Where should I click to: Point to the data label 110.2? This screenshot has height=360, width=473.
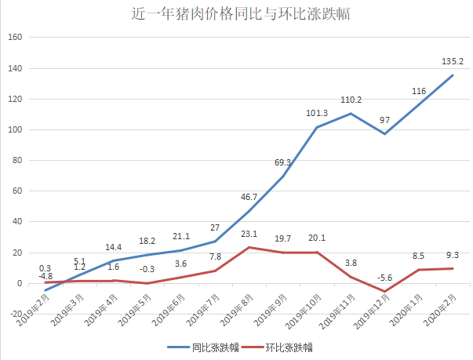[350, 100]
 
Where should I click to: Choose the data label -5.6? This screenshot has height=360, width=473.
[385, 278]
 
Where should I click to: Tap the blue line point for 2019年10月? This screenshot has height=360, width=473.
[316, 128]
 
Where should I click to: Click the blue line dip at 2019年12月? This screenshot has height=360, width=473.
[385, 134]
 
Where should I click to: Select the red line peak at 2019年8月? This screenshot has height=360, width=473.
[248, 248]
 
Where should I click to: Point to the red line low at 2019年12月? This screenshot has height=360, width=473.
[385, 292]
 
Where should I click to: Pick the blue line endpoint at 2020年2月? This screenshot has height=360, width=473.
[453, 75]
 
